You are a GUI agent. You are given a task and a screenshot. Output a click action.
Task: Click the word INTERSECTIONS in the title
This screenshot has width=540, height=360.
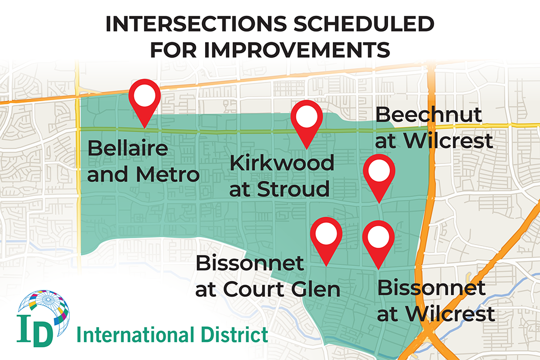pyautogui.click(x=196, y=24)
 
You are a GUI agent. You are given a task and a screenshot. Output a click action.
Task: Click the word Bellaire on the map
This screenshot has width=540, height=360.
pyautogui.click(x=128, y=148)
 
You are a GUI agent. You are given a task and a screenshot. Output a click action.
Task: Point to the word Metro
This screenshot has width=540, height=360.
pyautogui.click(x=168, y=174)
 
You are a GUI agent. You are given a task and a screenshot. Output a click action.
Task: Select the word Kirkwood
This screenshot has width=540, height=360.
pyautogui.click(x=282, y=163)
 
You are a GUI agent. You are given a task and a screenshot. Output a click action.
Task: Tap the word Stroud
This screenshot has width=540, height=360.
pyautogui.click(x=293, y=189)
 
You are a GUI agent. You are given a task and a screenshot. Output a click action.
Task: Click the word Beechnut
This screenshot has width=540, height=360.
pyautogui.click(x=428, y=114)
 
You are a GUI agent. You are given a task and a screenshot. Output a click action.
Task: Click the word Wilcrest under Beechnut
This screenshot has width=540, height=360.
pyautogui.click(x=448, y=140)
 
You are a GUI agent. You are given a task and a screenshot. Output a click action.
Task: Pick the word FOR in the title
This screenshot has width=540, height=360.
pyautogui.click(x=173, y=50)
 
